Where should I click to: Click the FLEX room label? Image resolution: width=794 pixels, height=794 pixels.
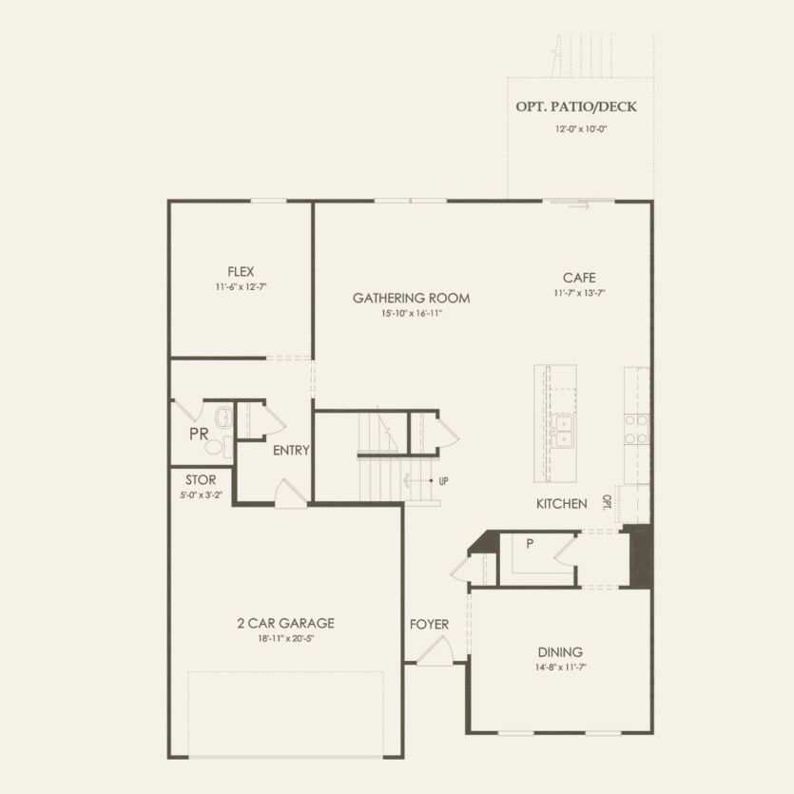point(241,271)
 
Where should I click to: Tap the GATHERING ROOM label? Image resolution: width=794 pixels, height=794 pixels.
point(411,298)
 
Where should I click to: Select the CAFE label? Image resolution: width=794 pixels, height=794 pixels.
point(578,278)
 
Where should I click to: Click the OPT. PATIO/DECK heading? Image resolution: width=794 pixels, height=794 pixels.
point(576,107)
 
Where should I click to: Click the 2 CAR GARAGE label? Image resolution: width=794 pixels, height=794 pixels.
point(285,624)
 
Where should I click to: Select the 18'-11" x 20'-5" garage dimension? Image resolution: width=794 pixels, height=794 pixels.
point(285,639)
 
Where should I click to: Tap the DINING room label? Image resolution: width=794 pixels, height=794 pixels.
point(560,652)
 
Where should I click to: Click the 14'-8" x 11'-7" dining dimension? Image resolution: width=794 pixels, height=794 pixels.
point(560,668)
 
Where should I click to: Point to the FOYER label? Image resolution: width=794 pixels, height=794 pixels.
point(429,625)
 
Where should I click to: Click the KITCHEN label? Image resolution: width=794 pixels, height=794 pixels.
point(561,504)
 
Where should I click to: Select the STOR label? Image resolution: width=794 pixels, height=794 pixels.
point(201,481)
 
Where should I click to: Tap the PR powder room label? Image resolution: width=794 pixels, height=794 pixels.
point(199,434)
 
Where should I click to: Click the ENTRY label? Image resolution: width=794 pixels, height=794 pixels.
point(291,451)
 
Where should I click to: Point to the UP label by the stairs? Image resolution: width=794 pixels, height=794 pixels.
point(443,481)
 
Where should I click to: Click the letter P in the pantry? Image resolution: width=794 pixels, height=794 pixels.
point(529,544)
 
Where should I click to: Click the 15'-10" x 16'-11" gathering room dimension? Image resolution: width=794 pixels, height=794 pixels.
point(411,313)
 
